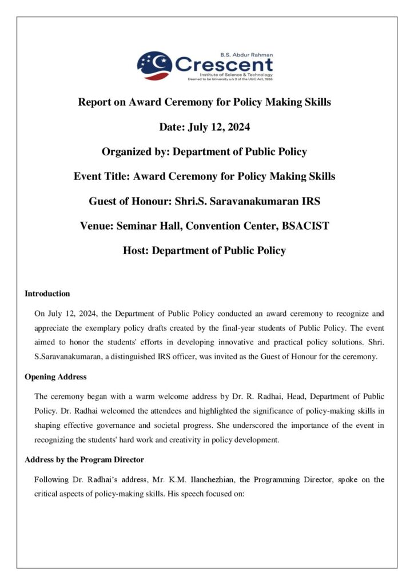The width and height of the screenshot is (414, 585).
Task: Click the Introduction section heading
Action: click(47, 294)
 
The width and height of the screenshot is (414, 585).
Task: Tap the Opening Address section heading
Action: click(55, 377)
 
